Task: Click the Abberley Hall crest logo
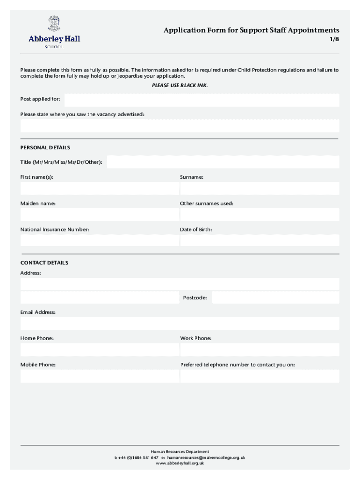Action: pyautogui.click(x=54, y=23)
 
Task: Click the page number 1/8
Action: pyautogui.click(x=334, y=40)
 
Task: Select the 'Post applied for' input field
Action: pyautogui.click(x=202, y=100)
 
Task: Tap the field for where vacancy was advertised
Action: pyautogui.click(x=180, y=126)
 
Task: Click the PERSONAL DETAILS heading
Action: pyautogui.click(x=45, y=147)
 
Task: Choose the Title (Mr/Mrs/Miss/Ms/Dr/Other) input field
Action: pyautogui.click(x=223, y=162)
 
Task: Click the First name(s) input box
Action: pyautogui.click(x=100, y=188)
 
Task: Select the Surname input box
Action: pyautogui.click(x=259, y=188)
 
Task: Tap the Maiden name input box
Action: pyautogui.click(x=100, y=214)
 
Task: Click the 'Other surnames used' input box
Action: pyautogui.click(x=259, y=214)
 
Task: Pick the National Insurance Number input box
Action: pyautogui.click(x=100, y=240)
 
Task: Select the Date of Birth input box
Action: pyautogui.click(x=259, y=240)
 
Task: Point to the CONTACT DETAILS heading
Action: pyautogui.click(x=44, y=262)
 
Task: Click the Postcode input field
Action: pyautogui.click(x=275, y=298)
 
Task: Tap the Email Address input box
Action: pyautogui.click(x=180, y=323)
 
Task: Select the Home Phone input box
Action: pyautogui.click(x=100, y=349)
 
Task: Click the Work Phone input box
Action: pyautogui.click(x=259, y=349)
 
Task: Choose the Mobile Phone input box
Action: pyautogui.click(x=100, y=376)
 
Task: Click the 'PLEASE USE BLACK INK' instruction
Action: pyautogui.click(x=180, y=85)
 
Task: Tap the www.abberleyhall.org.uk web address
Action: pyautogui.click(x=180, y=463)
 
